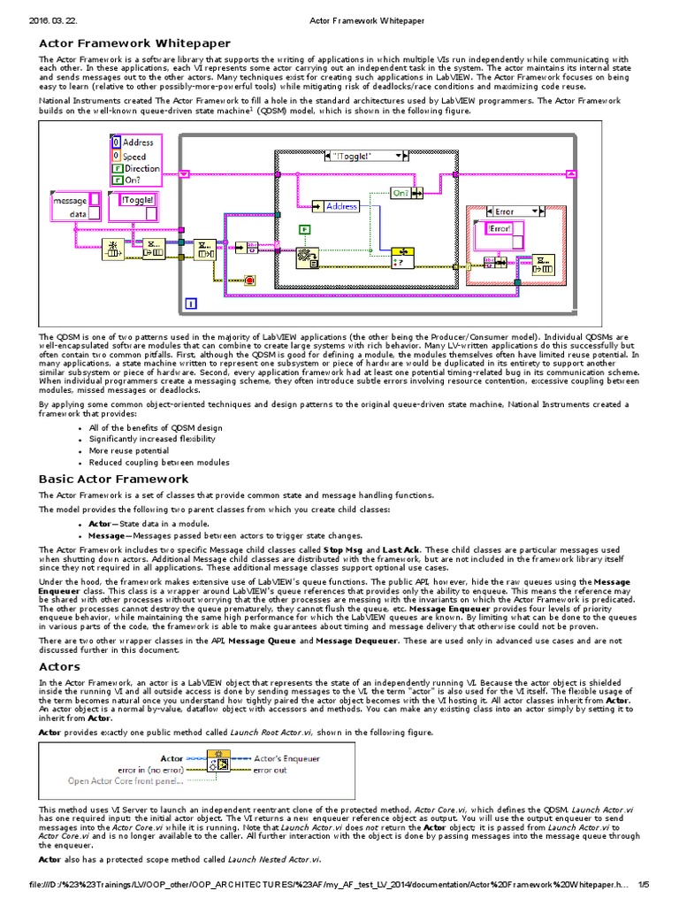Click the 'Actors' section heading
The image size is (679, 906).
59,666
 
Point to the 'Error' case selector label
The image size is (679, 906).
506,211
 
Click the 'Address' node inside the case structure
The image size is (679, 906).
341,206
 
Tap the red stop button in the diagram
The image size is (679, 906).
250,280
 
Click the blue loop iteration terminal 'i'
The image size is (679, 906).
191,304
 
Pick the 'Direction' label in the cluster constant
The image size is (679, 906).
142,168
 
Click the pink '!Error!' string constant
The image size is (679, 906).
500,228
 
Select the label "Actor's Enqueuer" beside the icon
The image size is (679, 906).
282,758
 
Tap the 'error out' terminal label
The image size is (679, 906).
271,770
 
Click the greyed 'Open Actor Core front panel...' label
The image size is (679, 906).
126,781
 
